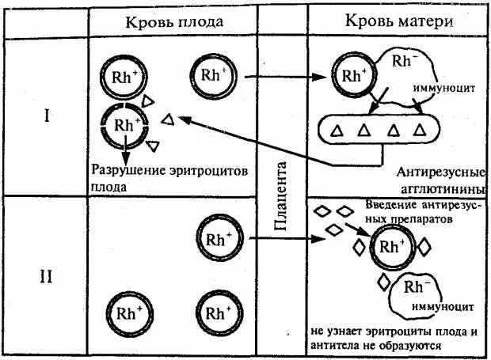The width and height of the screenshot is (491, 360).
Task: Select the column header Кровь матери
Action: tap(393, 21)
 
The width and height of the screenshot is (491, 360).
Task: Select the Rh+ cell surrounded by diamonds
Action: tap(390, 247)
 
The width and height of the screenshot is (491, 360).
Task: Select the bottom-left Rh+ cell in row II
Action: tap(127, 311)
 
